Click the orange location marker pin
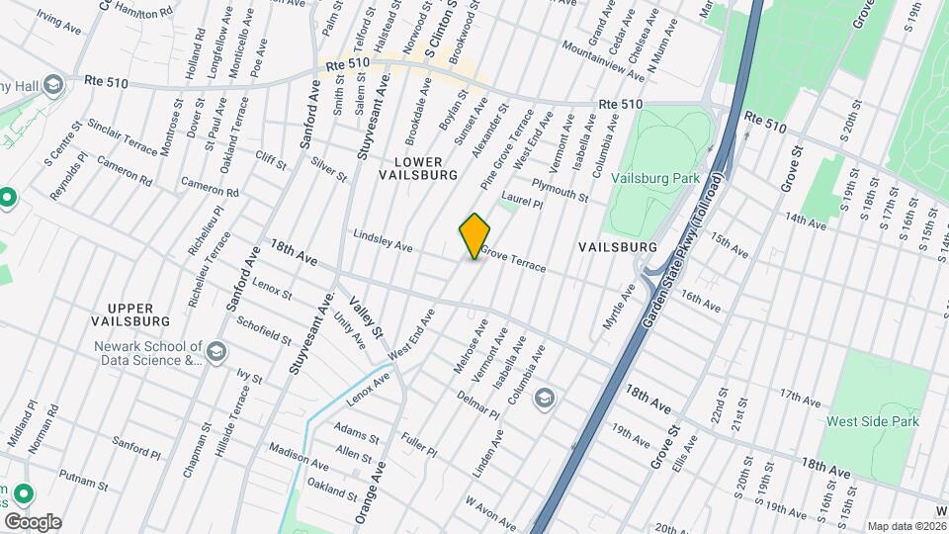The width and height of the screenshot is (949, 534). [475, 236]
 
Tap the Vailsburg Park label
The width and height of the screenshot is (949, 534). [655, 178]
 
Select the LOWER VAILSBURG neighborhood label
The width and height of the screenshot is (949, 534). [418, 167]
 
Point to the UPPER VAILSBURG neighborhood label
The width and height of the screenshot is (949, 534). [130, 313]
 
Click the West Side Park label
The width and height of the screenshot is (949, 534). [873, 421]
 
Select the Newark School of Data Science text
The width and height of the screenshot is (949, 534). [147, 354]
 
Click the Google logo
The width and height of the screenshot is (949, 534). [32, 522]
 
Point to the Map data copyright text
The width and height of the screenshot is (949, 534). [901, 526]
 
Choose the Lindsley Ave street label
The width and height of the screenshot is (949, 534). [383, 240]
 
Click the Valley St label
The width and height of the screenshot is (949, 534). [377, 321]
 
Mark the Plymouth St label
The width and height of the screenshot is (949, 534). [560, 189]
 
